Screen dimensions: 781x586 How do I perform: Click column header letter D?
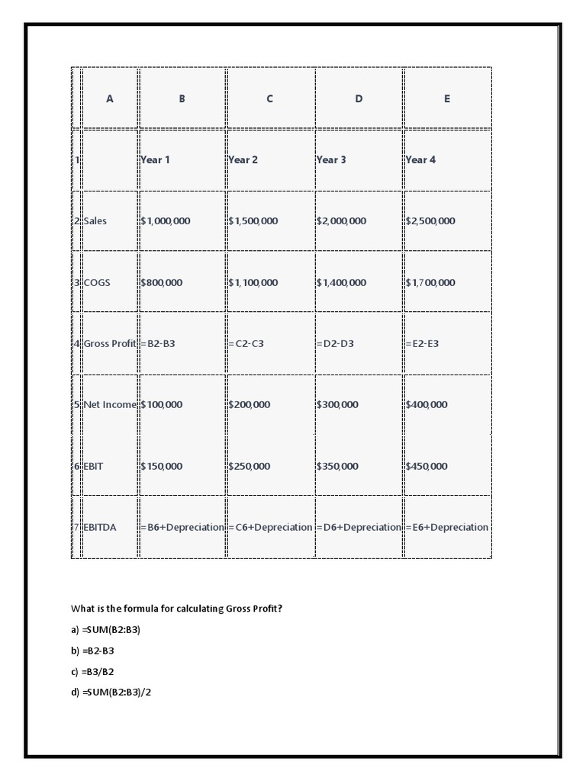pyautogui.click(x=359, y=98)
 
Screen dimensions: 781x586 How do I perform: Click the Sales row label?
pyautogui.click(x=95, y=221)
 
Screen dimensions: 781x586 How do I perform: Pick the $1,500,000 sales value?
pyautogui.click(x=253, y=221)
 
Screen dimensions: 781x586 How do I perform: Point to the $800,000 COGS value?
pyautogui.click(x=162, y=282)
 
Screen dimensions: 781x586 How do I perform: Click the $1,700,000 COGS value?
pyautogui.click(x=430, y=282)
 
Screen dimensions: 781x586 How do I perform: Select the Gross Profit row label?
pyautogui.click(x=110, y=343)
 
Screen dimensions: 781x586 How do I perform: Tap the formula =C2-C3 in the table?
pyautogui.click(x=246, y=343)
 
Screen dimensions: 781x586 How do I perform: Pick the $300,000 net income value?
pyautogui.click(x=337, y=404)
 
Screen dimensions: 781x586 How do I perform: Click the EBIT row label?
pyautogui.click(x=94, y=466)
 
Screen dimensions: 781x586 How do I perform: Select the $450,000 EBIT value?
pyautogui.click(x=427, y=466)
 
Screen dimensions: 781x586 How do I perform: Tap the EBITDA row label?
pyautogui.click(x=100, y=527)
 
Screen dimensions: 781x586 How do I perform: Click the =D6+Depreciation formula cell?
pyautogui.click(x=359, y=527)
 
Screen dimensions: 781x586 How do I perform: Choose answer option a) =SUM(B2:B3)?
pyautogui.click(x=106, y=630)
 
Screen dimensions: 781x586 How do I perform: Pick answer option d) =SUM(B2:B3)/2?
pyautogui.click(x=111, y=692)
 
